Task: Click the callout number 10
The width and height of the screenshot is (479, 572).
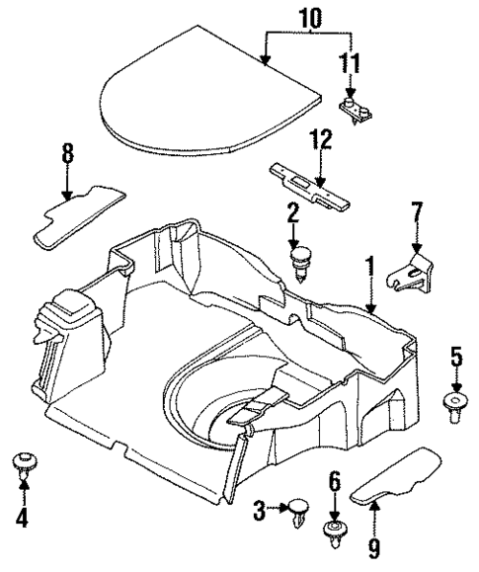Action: click(310, 18)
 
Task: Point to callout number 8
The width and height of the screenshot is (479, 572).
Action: click(67, 154)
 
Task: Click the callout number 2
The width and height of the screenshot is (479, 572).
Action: click(293, 212)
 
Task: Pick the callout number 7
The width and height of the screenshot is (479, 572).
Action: click(415, 213)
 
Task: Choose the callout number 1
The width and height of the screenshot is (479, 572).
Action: click(370, 266)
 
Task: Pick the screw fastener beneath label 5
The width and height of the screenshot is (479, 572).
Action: click(456, 408)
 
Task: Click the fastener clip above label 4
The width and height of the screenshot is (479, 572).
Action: click(22, 464)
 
